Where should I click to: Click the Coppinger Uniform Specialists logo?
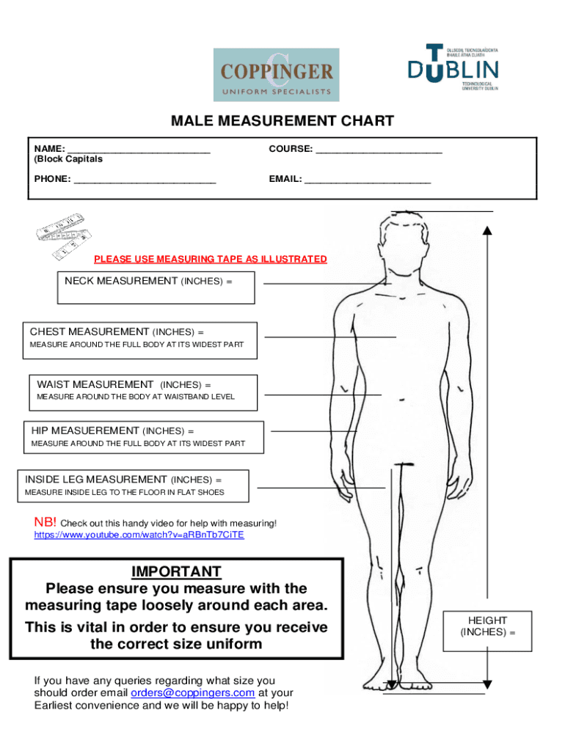click(x=276, y=74)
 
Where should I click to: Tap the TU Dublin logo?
click(x=453, y=67)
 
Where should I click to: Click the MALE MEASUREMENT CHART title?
click(x=282, y=121)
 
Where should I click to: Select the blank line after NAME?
click(x=139, y=150)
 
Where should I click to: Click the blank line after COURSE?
click(x=379, y=150)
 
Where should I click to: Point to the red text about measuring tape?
click(x=211, y=260)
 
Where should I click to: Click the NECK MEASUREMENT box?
click(x=156, y=287)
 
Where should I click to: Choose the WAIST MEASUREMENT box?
click(x=143, y=392)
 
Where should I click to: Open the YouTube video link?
click(x=139, y=535)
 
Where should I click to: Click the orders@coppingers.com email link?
click(x=193, y=693)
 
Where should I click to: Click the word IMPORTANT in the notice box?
click(x=176, y=572)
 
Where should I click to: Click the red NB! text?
click(x=45, y=522)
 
